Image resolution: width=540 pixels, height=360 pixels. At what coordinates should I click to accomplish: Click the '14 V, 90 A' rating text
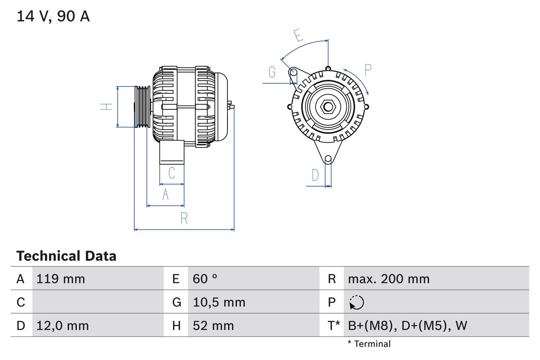(53, 16)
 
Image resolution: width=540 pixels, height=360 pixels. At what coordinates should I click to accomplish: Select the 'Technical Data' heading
(66, 256)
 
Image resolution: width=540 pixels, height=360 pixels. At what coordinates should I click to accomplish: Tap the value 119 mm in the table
(61, 279)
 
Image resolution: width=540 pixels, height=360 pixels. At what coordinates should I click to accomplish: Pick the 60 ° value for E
(205, 279)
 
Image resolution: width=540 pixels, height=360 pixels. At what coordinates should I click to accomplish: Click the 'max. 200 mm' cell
(389, 279)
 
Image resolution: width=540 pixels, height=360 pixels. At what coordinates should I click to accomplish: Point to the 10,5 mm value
(219, 302)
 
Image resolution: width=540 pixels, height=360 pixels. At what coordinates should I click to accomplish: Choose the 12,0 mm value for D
(62, 325)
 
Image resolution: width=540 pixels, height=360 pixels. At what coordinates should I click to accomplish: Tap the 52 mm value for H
(213, 325)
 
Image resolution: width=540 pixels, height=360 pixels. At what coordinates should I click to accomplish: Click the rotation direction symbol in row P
(356, 302)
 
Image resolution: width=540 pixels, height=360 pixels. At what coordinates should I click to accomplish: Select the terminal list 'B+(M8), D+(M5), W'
(408, 325)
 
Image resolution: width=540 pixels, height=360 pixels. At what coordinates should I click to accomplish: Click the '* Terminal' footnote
(369, 344)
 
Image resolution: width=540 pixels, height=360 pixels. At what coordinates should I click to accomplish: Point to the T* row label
(334, 325)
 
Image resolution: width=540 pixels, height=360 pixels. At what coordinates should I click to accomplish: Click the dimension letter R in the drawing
(184, 219)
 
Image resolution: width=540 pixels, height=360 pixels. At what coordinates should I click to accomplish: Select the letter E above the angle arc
(299, 36)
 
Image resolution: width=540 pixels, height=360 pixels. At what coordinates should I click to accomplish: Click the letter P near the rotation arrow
(367, 70)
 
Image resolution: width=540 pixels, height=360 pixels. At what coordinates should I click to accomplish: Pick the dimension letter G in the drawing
(272, 73)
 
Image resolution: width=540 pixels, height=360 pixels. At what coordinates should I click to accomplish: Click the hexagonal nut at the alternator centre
(328, 106)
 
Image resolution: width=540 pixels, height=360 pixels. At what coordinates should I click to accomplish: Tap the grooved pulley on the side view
(142, 107)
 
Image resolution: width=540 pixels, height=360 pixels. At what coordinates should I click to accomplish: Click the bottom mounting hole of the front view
(328, 159)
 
